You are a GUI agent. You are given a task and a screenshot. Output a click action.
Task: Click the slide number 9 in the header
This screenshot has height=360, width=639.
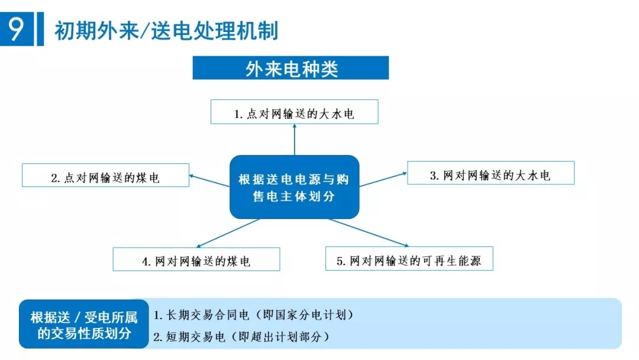click(15, 29)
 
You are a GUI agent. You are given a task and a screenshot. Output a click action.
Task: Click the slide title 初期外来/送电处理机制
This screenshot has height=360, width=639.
click(166, 30)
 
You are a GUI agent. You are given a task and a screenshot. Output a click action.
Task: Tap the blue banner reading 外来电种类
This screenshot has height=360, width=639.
click(291, 68)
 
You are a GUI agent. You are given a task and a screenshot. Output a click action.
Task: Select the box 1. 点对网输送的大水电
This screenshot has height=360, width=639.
click(294, 112)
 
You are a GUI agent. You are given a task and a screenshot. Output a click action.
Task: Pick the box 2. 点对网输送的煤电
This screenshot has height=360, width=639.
click(105, 176)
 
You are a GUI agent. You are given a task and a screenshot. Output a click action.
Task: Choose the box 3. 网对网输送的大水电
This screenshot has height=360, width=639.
click(490, 173)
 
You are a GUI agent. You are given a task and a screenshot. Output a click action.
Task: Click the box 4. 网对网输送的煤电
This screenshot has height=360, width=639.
click(196, 260)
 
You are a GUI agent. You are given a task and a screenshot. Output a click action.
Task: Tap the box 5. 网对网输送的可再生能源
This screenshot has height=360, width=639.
click(409, 259)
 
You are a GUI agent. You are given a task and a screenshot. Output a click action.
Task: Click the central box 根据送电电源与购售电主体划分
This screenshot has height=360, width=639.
click(294, 187)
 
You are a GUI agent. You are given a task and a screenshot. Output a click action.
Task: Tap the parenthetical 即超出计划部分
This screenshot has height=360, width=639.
click(280, 337)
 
